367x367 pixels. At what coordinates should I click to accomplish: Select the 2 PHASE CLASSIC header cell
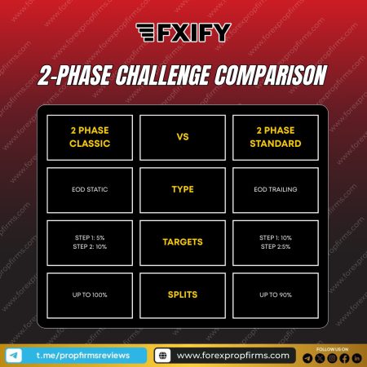[x=91, y=137]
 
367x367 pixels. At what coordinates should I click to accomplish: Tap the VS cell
[x=183, y=137]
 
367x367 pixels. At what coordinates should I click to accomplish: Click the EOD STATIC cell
[x=91, y=189]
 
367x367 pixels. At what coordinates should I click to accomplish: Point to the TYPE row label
[x=183, y=189]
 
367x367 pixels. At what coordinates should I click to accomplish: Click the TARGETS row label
[x=183, y=242]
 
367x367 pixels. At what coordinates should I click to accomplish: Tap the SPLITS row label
[x=183, y=294]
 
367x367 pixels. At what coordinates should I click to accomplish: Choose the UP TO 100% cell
[x=91, y=294]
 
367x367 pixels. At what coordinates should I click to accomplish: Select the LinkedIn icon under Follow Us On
[x=356, y=357]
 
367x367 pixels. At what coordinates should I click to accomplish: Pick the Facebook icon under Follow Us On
[x=344, y=357]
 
